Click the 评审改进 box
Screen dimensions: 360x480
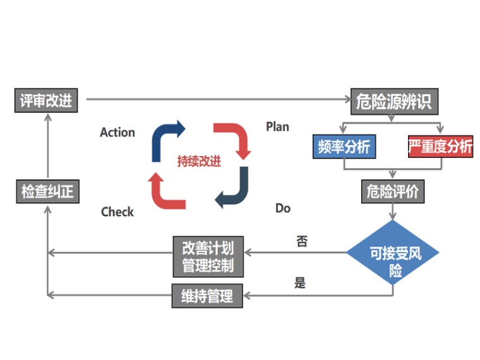[46, 100]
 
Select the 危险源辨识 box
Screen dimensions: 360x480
[393, 100]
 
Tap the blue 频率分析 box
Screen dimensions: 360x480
[344, 147]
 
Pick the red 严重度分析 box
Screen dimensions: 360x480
[440, 147]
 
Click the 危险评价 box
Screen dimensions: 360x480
[393, 191]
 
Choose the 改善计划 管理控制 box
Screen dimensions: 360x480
[208, 256]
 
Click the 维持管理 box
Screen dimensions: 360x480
[207, 296]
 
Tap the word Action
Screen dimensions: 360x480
[117, 133]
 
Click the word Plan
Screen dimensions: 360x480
[277, 127]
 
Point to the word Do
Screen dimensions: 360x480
[283, 208]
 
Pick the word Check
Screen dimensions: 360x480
[117, 212]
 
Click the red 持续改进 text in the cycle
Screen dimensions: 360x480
[200, 161]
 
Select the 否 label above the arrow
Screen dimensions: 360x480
[301, 241]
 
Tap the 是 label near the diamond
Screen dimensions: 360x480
[300, 283]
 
